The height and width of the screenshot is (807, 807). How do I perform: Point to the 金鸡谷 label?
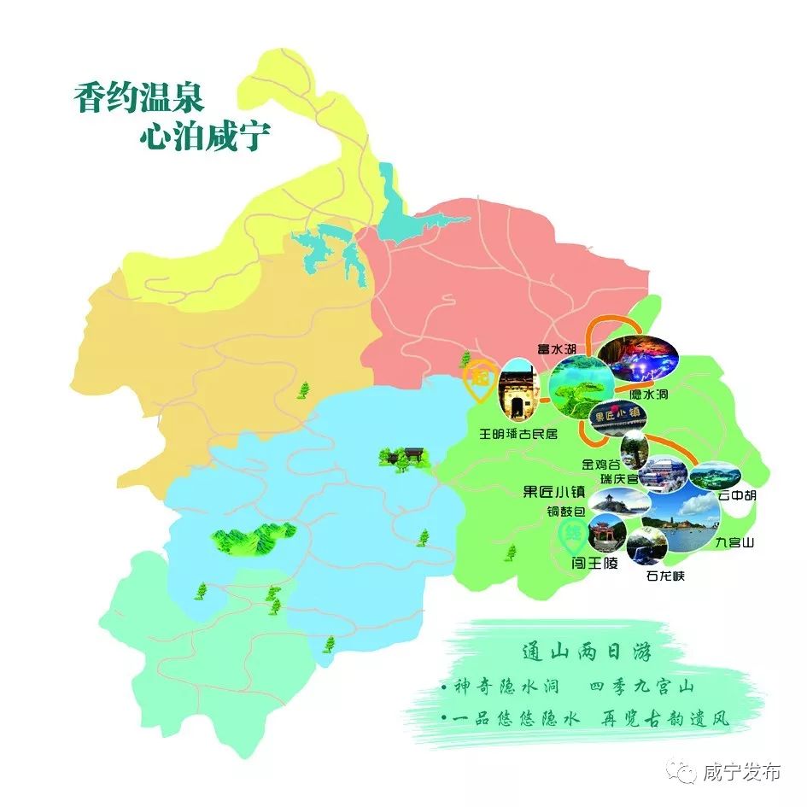[600, 465]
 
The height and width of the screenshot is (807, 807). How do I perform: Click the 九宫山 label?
[735, 542]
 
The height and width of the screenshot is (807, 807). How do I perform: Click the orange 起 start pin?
[476, 381]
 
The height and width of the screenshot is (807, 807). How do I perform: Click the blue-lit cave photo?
[638, 359]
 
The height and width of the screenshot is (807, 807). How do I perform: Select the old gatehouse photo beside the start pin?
[516, 394]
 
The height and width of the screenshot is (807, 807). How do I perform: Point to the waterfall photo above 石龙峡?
[646, 544]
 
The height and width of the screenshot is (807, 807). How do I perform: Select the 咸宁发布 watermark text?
[740, 773]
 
